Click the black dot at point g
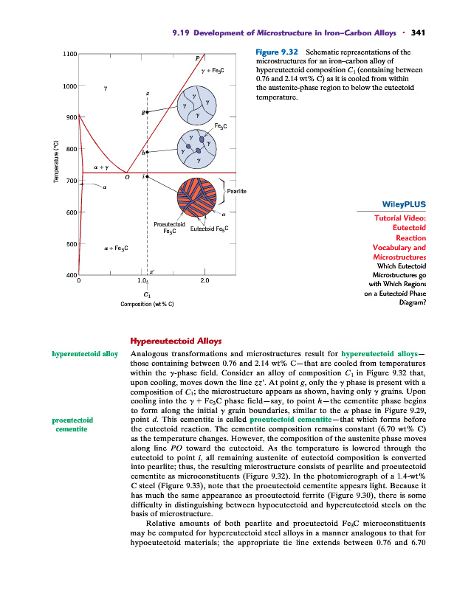pos(147,111)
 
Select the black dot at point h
pos(147,151)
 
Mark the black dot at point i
pos(147,177)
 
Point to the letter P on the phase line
pos(197,57)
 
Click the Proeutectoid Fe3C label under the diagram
pos(169,226)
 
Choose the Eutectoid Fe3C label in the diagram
pos(210,229)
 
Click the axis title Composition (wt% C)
pos(148,304)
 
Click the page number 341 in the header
pos(419,32)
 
